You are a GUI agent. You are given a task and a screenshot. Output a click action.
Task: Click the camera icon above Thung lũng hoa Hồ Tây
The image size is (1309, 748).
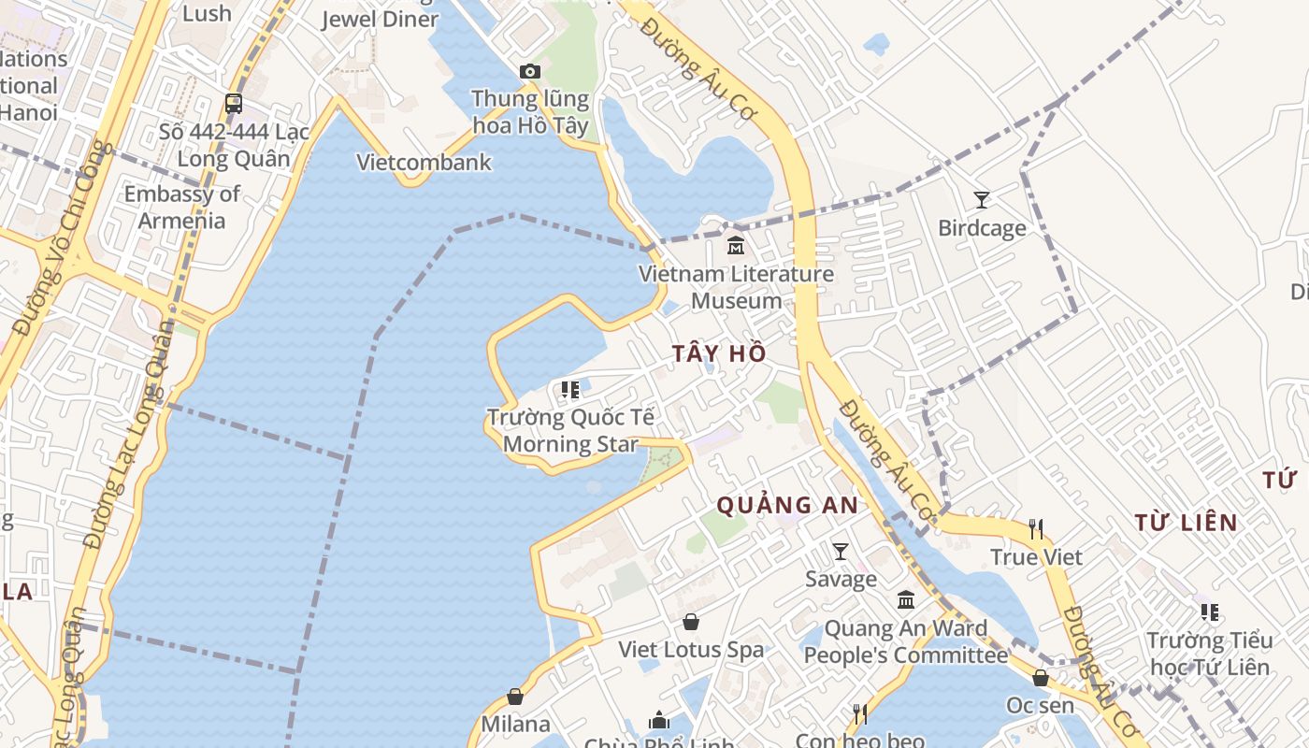coord(529,72)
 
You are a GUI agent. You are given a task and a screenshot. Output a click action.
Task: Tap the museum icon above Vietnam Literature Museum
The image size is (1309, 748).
coord(736,246)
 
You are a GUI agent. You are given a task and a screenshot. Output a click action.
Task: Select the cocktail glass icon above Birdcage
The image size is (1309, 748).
coord(981,199)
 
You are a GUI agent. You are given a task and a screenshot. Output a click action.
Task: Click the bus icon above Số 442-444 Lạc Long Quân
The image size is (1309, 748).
coord(234,104)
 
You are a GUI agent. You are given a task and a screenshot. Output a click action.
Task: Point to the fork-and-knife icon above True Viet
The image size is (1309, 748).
coord(1036,530)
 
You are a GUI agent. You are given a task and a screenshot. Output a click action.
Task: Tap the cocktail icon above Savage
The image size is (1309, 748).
coord(841,552)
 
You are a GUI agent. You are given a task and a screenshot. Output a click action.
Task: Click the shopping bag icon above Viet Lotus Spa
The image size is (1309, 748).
coord(691,622)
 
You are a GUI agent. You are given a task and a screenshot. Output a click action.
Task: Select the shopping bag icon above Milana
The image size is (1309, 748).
coord(515,697)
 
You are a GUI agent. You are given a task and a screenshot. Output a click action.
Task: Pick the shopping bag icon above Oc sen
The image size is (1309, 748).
coord(1040,678)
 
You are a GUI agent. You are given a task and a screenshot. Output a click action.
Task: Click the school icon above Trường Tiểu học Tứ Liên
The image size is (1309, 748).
coord(1210,612)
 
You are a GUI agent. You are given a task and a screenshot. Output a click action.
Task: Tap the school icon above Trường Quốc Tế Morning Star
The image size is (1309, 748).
coord(569,389)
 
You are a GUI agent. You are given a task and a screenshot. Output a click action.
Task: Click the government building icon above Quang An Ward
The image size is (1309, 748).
coord(906,600)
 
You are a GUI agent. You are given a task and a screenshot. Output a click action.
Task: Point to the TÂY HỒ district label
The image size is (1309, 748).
coord(719,353)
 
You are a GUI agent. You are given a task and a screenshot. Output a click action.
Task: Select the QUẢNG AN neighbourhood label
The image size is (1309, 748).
coord(787,505)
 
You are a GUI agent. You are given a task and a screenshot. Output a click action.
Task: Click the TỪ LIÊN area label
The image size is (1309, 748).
coord(1187,523)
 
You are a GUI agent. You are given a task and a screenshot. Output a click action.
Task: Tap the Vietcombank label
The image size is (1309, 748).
coord(424,162)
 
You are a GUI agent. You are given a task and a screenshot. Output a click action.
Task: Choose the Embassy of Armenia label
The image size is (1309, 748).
coord(182,208)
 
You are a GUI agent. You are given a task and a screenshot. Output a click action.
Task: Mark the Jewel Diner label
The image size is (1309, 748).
coord(380,20)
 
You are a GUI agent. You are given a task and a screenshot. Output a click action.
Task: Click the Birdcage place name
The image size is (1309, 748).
coord(982,228)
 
